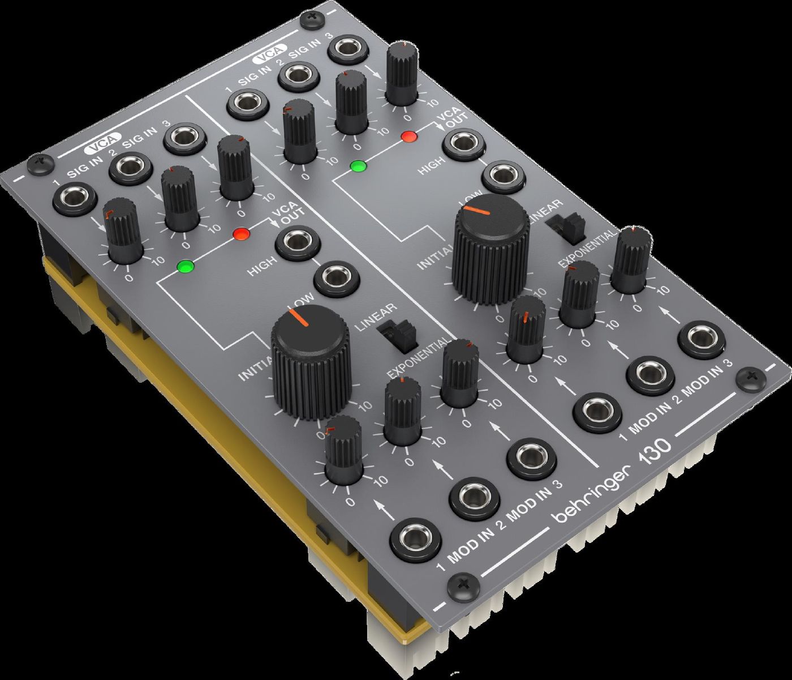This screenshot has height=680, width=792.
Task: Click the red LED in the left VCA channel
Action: coord(240,234)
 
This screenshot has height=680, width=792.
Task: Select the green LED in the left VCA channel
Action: coord(184,266)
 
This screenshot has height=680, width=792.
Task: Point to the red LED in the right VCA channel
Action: coord(408,136)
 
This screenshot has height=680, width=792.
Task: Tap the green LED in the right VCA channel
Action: coord(358,166)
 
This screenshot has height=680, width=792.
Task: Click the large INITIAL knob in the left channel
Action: coord(310,362)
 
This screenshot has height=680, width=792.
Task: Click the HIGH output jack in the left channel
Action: coord(297,242)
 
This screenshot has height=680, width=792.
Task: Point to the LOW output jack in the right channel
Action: coord(505,176)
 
